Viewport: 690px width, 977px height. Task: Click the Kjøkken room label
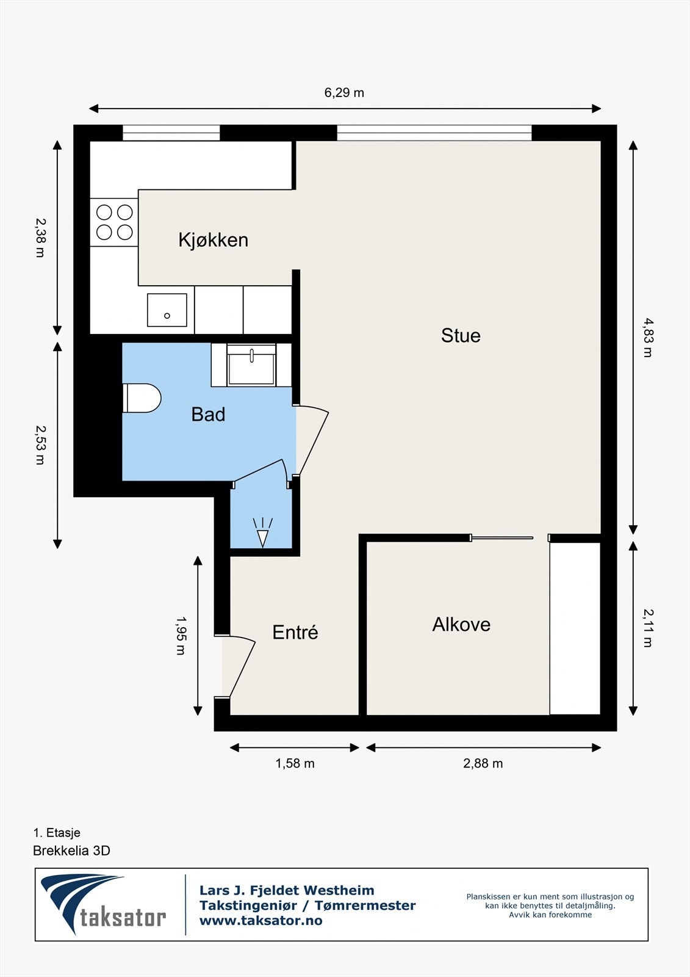tap(213, 241)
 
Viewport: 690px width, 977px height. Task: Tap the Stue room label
tap(461, 336)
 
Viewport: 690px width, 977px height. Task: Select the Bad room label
tap(209, 415)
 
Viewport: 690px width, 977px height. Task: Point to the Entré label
tap(295, 632)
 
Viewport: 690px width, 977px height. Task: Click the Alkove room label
tap(461, 625)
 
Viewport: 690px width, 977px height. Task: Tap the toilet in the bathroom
tap(142, 398)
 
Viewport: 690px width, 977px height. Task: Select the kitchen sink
tap(167, 310)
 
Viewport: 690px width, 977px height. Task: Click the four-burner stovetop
tap(114, 222)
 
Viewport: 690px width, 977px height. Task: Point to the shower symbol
tap(262, 532)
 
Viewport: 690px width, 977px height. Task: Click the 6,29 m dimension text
tap(344, 93)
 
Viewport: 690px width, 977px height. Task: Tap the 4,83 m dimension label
tap(648, 338)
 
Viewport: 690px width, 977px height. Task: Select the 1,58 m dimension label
tap(295, 763)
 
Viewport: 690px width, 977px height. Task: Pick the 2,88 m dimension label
tap(483, 763)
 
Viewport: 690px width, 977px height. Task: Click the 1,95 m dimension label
tap(181, 636)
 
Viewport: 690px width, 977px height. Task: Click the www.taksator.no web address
tap(261, 921)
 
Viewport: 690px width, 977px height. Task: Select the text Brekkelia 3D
tap(71, 851)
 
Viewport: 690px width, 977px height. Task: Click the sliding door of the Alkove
tap(502, 538)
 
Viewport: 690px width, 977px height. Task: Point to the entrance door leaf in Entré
tap(242, 668)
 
